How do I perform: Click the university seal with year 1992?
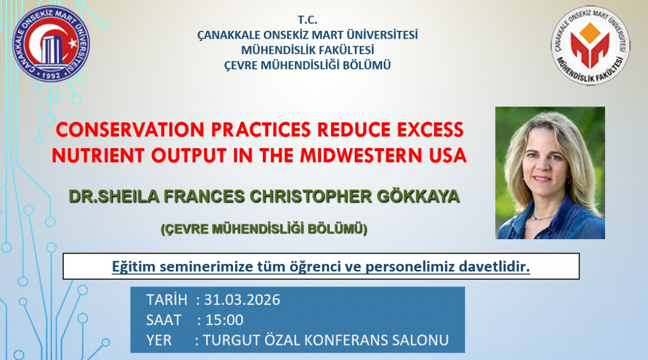click(51, 44)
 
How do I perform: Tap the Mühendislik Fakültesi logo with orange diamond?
click(590, 45)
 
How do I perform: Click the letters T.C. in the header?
click(308, 20)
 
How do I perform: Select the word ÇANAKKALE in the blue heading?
click(228, 35)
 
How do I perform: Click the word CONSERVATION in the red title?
click(130, 130)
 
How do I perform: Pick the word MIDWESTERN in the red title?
click(363, 155)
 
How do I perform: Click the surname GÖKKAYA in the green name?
click(418, 196)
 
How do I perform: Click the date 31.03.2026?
click(242, 299)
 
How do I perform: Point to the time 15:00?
click(224, 320)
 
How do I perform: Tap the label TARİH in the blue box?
click(167, 299)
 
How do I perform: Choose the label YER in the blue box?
click(159, 340)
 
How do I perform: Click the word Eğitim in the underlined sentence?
click(131, 267)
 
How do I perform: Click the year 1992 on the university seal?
click(51, 76)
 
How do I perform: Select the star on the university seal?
click(73, 43)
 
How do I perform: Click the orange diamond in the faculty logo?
click(590, 33)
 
